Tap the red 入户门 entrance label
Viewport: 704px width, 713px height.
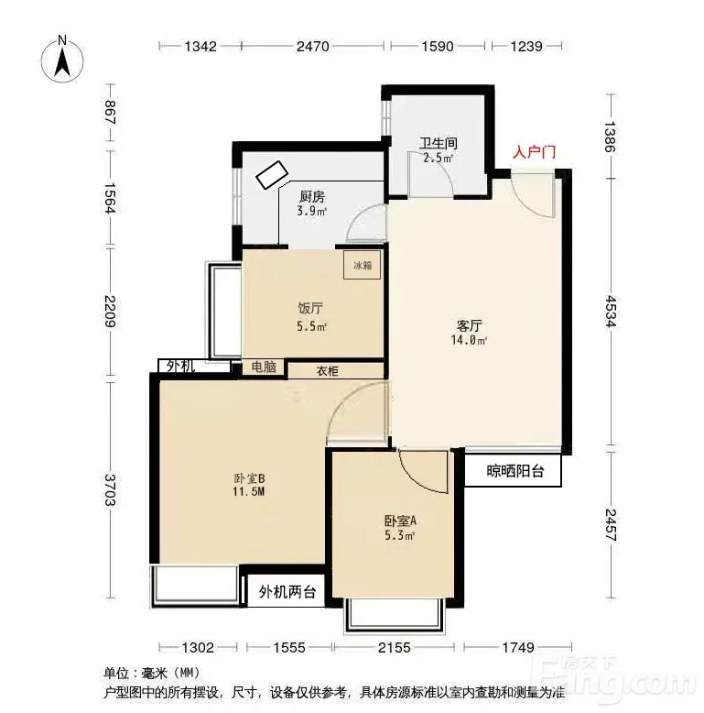pos(534,152)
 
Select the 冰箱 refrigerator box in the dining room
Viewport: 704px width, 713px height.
pos(362,265)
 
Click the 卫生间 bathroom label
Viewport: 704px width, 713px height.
pos(438,144)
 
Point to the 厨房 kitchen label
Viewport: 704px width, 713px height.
pos(312,197)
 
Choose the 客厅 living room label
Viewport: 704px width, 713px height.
pos(470,325)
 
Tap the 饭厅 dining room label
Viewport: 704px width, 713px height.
pos(310,308)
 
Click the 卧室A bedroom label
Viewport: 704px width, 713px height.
pos(400,521)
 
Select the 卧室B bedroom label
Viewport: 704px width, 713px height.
pos(249,478)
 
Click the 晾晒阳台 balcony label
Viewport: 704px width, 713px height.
pos(515,471)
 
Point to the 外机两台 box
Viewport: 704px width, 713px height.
pos(287,591)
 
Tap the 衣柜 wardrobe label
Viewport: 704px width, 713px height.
pos(327,371)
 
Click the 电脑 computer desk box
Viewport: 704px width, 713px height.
pos(264,367)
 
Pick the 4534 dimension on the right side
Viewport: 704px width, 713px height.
pos(612,312)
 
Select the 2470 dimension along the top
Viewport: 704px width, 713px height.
pos(312,47)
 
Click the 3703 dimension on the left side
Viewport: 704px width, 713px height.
pos(110,489)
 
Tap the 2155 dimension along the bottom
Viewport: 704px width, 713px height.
pos(394,647)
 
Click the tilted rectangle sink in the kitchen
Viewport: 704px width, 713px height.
pos(272,175)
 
